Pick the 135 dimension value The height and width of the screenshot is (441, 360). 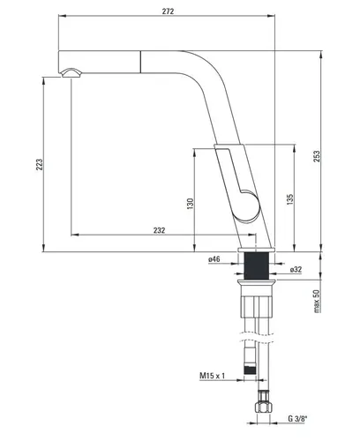(290, 199)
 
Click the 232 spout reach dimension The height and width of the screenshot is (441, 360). (159, 229)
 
